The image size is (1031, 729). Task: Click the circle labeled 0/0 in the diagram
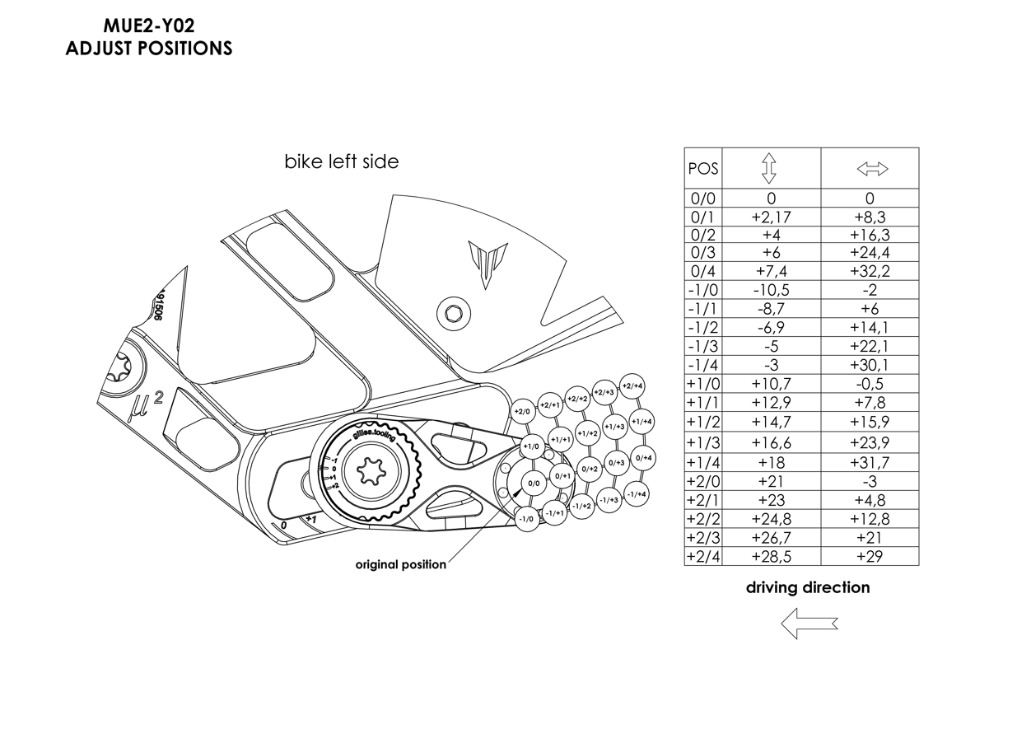(x=534, y=484)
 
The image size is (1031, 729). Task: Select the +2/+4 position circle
(x=632, y=386)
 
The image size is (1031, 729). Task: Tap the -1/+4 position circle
(x=637, y=494)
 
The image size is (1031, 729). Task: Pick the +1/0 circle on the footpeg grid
(x=533, y=446)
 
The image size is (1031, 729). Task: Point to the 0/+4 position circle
(x=643, y=458)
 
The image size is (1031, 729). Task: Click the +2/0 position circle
(x=523, y=412)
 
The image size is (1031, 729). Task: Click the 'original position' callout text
(x=400, y=565)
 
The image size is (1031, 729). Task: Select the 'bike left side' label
(x=342, y=161)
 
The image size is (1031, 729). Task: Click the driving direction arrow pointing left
(x=809, y=624)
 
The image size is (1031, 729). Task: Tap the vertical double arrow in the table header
(x=769, y=169)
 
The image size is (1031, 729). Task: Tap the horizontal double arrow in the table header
(x=872, y=169)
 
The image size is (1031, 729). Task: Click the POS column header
(x=702, y=169)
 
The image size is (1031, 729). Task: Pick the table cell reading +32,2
(x=870, y=271)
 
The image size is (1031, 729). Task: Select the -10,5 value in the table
(x=771, y=290)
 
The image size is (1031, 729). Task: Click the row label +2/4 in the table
(x=702, y=557)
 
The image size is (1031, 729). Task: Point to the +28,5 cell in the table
(x=771, y=557)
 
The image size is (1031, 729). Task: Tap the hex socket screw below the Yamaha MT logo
(x=454, y=314)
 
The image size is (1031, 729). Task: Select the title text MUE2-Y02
(x=149, y=26)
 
